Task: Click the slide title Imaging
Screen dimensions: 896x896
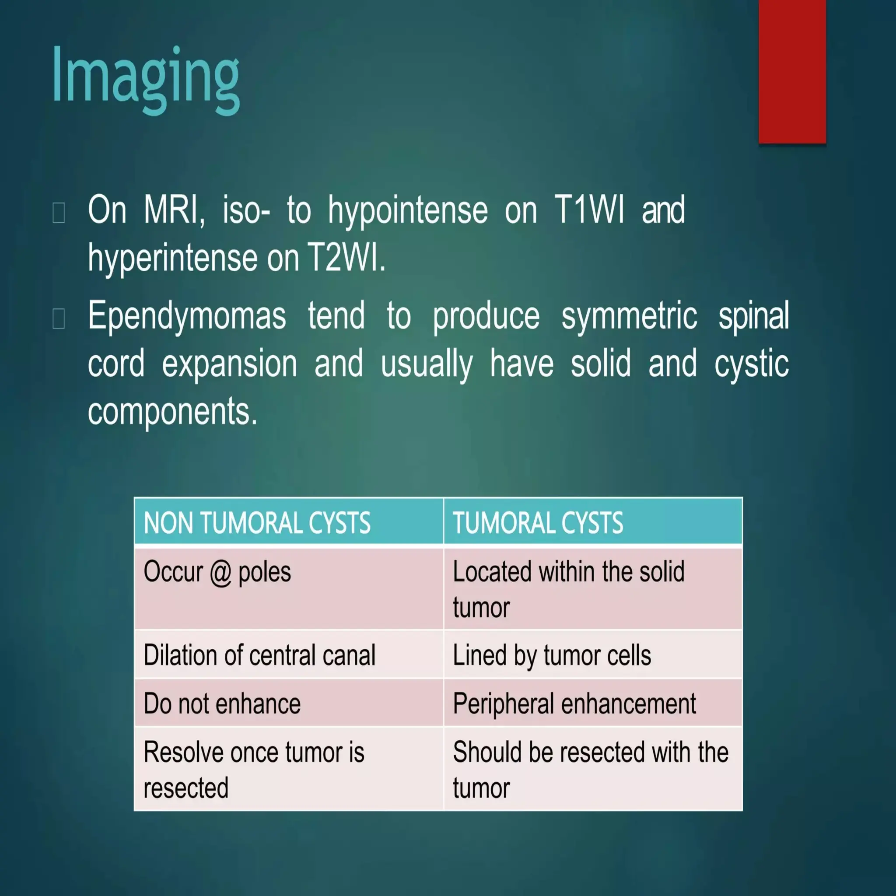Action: pyautogui.click(x=146, y=77)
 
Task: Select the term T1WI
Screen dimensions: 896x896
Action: pyautogui.click(x=589, y=210)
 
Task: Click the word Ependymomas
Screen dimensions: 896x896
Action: pyautogui.click(x=187, y=316)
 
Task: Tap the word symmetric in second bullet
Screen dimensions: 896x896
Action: pyautogui.click(x=629, y=316)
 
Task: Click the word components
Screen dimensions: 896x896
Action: pyautogui.click(x=172, y=411)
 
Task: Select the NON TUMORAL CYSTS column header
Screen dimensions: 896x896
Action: pyautogui.click(x=257, y=523)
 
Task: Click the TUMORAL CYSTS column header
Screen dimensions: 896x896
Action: pyautogui.click(x=538, y=523)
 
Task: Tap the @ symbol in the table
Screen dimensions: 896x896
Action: pyautogui.click(x=220, y=572)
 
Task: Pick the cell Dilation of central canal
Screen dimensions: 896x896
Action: pyautogui.click(x=259, y=655)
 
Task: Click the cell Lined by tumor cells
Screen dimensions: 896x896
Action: pyautogui.click(x=552, y=655)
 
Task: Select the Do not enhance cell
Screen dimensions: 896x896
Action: pyautogui.click(x=222, y=703)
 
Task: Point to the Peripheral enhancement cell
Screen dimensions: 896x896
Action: pyautogui.click(x=574, y=703)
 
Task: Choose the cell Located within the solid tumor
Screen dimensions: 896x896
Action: pyautogui.click(x=568, y=589)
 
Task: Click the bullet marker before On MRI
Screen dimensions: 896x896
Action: pyautogui.click(x=59, y=213)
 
